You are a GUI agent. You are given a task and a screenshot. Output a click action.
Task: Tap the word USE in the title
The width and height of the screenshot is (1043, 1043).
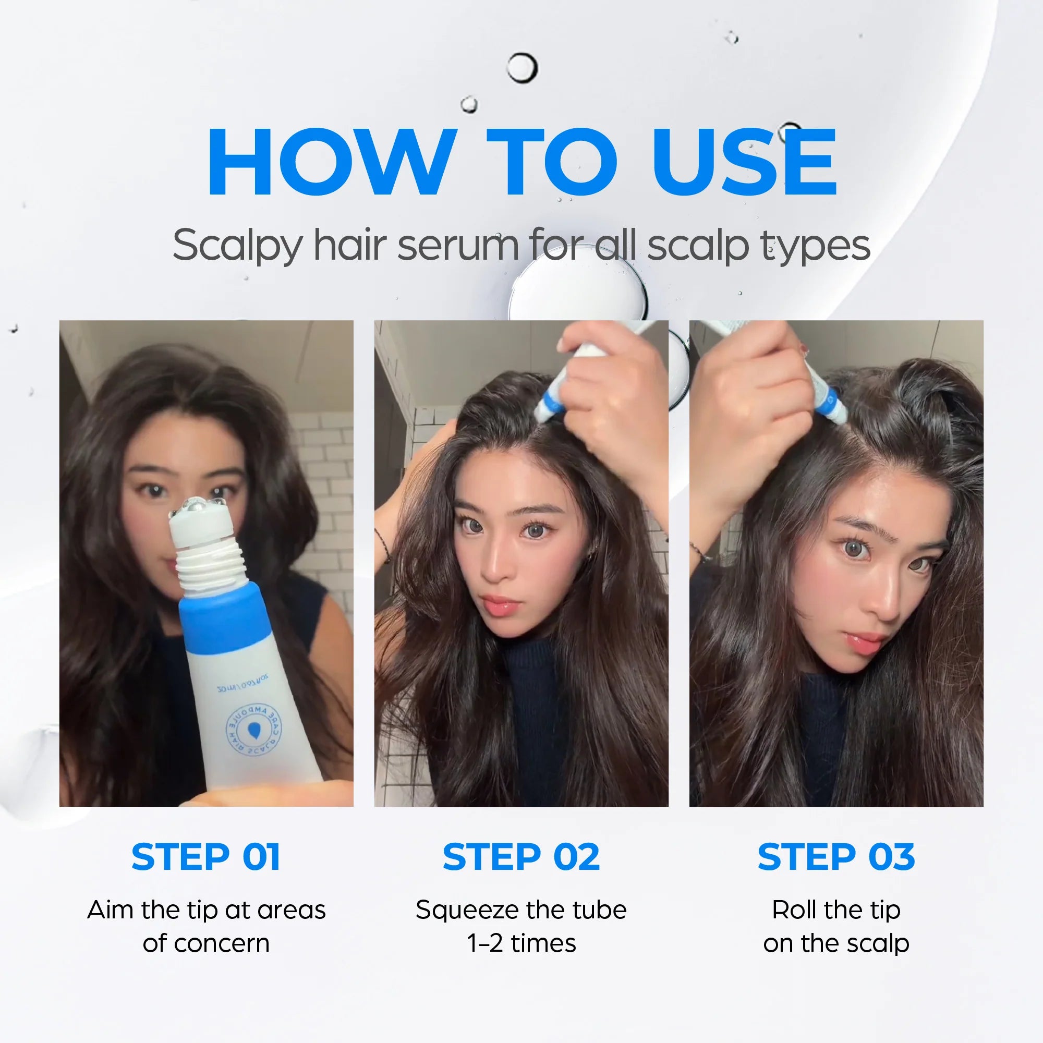click(745, 162)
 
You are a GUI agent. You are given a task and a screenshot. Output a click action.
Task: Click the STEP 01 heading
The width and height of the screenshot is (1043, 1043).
click(205, 857)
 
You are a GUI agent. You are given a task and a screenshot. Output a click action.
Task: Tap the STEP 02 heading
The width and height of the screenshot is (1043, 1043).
click(521, 857)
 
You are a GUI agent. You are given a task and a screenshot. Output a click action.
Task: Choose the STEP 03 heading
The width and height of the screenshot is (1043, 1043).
click(836, 857)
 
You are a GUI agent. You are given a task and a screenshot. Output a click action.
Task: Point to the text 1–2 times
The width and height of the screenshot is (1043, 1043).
click(521, 943)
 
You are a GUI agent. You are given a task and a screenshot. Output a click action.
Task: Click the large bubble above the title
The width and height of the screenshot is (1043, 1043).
click(522, 68)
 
